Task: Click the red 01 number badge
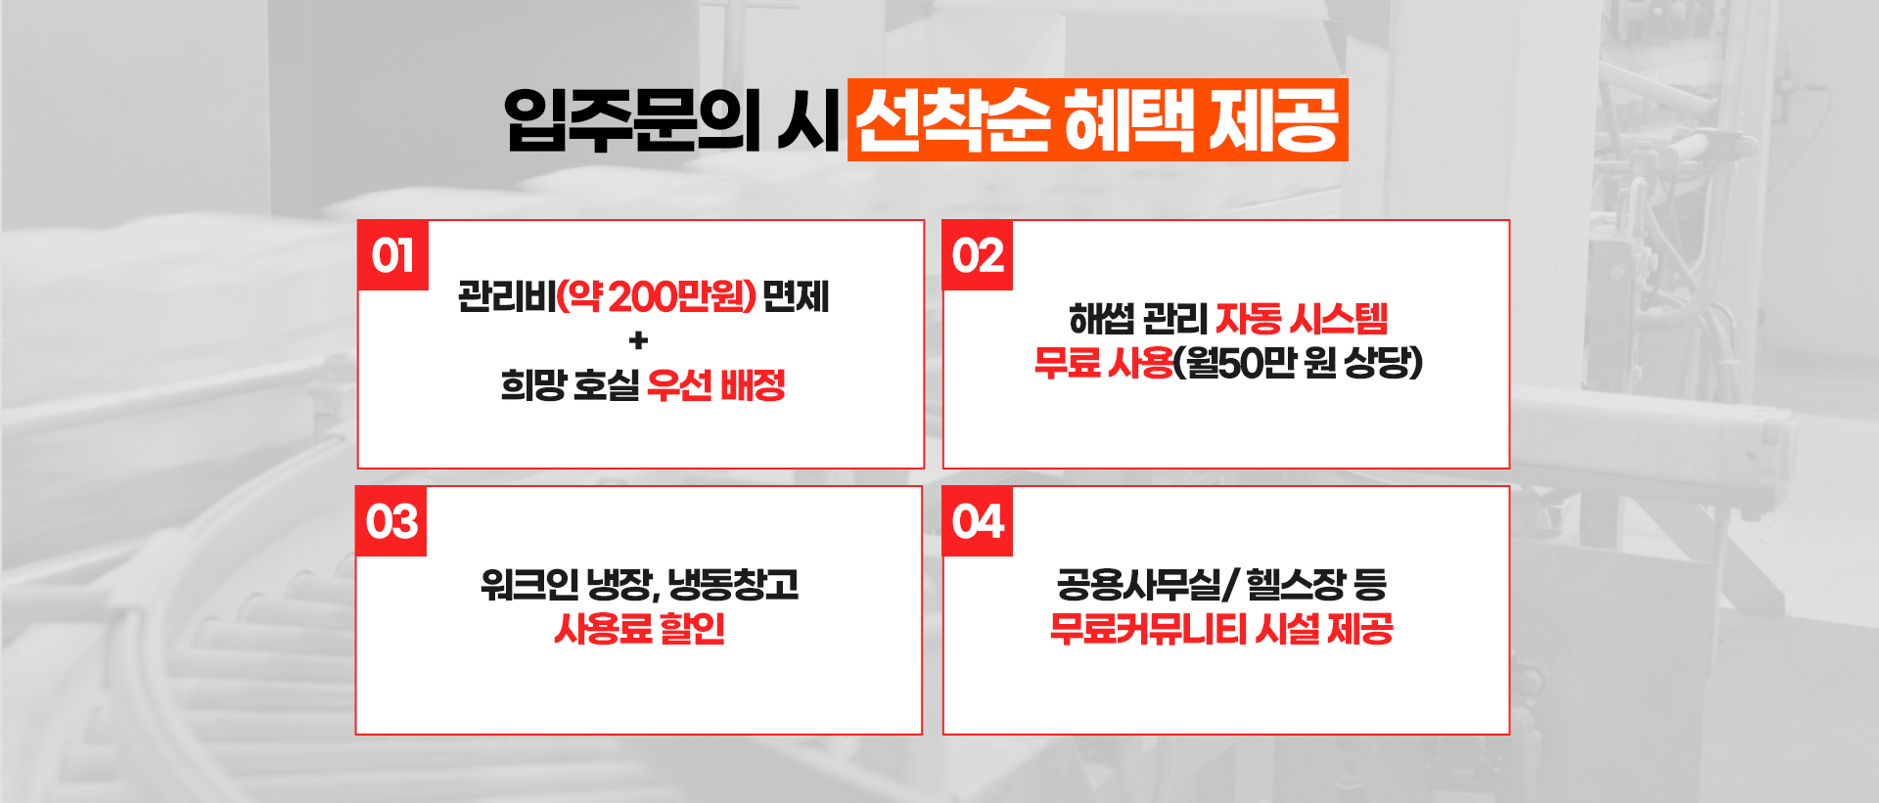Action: pyautogui.click(x=392, y=255)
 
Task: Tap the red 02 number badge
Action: pyautogui.click(x=978, y=255)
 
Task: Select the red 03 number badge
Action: pyautogui.click(x=391, y=521)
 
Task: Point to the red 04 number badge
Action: pyautogui.click(x=978, y=521)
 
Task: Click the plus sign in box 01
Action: pyautogui.click(x=639, y=340)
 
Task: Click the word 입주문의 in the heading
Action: pyautogui.click(x=632, y=120)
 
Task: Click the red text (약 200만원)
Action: pyautogui.click(x=656, y=295)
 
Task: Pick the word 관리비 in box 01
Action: pyautogui.click(x=506, y=295)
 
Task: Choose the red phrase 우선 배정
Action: pyautogui.click(x=716, y=385)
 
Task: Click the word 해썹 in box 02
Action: pyautogui.click(x=1101, y=319)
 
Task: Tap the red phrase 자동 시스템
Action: pyautogui.click(x=1302, y=319)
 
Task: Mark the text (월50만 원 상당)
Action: pyautogui.click(x=1298, y=363)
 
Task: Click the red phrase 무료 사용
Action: pyautogui.click(x=1104, y=363)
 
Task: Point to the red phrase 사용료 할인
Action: pyautogui.click(x=639, y=629)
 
